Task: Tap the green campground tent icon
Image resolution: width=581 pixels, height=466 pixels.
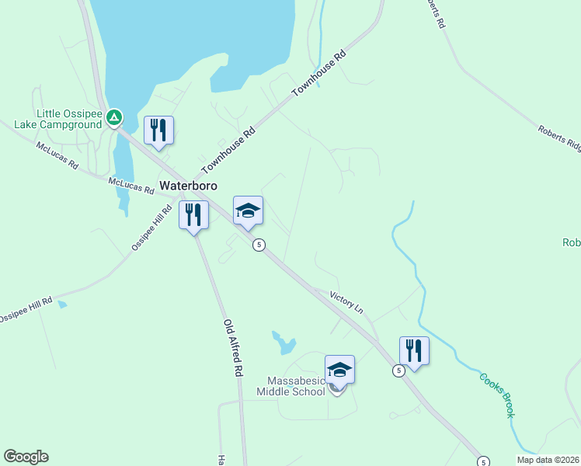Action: (x=114, y=117)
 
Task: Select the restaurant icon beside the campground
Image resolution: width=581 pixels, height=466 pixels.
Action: (x=158, y=130)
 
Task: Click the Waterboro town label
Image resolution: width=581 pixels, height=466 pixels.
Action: (x=188, y=186)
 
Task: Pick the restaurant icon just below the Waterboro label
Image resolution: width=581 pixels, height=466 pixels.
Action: (x=193, y=215)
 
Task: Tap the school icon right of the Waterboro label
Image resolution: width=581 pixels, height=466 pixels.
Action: (x=248, y=210)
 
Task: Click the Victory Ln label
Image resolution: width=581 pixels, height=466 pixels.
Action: (x=346, y=301)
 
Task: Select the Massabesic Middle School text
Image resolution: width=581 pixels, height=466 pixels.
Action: (x=296, y=386)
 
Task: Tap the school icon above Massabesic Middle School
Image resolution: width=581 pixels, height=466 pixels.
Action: (x=339, y=370)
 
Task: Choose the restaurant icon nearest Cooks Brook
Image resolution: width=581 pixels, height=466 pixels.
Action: (x=414, y=351)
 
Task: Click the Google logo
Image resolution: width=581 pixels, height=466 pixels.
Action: (x=26, y=457)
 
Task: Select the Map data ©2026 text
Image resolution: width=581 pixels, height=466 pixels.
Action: (x=548, y=460)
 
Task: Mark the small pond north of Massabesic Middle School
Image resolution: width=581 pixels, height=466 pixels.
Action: (x=284, y=342)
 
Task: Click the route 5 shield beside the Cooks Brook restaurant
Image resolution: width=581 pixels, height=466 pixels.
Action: (x=398, y=371)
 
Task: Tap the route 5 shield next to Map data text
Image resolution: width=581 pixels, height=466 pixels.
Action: (x=483, y=461)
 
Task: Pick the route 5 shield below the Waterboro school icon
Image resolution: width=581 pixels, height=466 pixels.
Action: (x=259, y=245)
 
